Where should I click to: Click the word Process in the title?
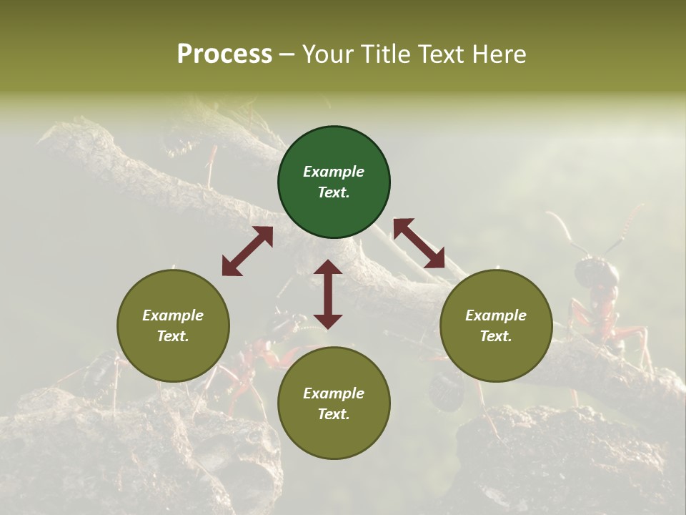(x=224, y=54)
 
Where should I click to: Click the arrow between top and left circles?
(x=247, y=251)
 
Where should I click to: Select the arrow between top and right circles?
(x=419, y=244)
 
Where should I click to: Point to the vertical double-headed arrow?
(x=328, y=294)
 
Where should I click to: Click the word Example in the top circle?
(x=334, y=172)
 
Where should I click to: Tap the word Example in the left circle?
(x=173, y=315)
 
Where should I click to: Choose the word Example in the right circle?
(x=496, y=315)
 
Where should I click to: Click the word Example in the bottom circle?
(x=334, y=393)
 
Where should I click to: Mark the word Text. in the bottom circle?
(x=334, y=414)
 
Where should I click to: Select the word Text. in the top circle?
(x=334, y=192)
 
